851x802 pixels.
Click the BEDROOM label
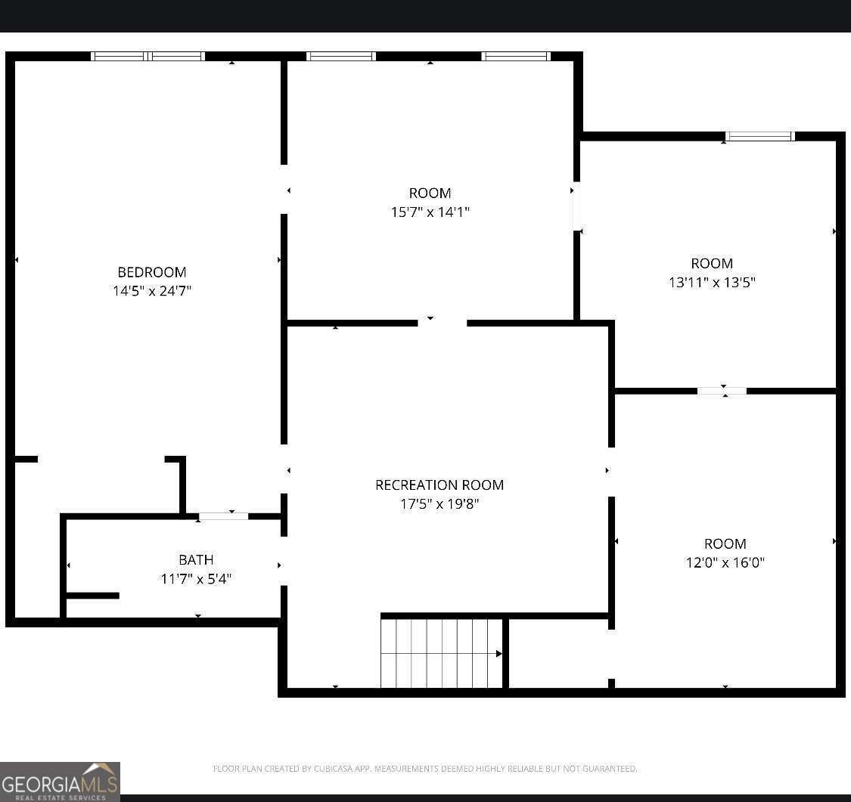coord(152,271)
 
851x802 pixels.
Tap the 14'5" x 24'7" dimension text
coord(152,291)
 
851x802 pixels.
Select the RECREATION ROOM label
coord(439,485)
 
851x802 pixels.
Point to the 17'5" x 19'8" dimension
coord(439,503)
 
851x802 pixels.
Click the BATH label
coord(196,559)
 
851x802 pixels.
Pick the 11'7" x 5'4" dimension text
coord(196,578)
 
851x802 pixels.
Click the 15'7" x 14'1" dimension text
coord(430,212)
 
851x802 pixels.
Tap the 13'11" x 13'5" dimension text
coord(712,282)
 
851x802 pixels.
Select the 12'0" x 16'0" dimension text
coord(725,562)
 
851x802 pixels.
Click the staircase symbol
coord(442,653)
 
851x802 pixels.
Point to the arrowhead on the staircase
coord(498,653)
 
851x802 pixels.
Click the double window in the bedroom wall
coord(148,56)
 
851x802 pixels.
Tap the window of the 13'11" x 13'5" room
coord(759,136)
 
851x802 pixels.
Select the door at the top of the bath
coord(224,516)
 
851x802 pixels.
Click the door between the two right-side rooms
coord(722,391)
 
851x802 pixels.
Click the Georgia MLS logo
coord(60,782)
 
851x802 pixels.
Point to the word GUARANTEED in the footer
coord(610,769)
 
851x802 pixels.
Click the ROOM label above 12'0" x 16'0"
coord(725,543)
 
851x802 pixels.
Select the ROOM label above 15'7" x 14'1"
coord(430,193)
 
